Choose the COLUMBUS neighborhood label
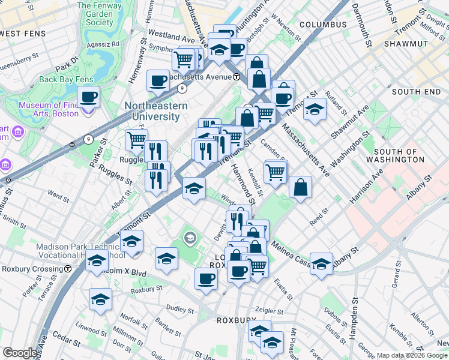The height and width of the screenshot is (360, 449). click(x=323, y=25)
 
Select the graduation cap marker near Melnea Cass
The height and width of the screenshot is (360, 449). click(x=321, y=263)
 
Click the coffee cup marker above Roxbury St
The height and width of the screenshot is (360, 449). click(x=206, y=278)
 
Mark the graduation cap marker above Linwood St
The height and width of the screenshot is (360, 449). click(x=100, y=299)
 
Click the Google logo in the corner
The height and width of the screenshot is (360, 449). click(x=20, y=353)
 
